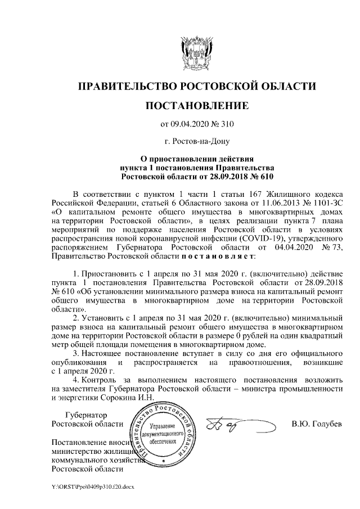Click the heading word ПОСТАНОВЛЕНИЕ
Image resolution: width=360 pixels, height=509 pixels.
[196, 105]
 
